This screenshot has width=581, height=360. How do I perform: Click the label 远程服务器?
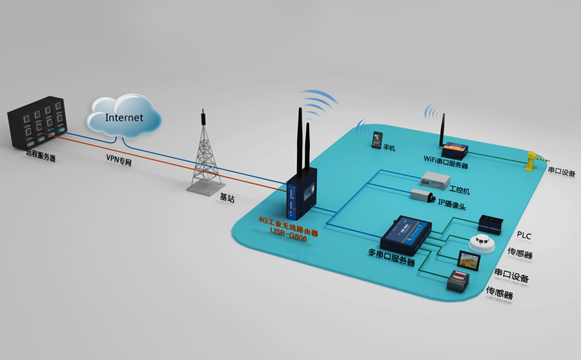41,155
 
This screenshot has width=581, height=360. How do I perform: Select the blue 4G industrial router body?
300,196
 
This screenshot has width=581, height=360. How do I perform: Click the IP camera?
423,193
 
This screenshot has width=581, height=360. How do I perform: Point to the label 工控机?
459,191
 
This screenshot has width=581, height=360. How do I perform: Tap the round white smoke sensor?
479,243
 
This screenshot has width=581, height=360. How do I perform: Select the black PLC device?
491,223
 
